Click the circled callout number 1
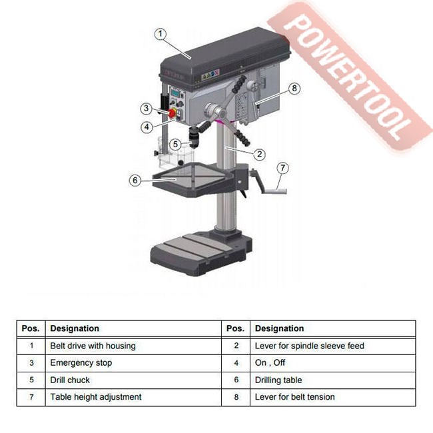point(161,34)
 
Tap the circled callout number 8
point(294,89)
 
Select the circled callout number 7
point(282,168)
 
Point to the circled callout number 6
point(135,181)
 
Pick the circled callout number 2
point(259,154)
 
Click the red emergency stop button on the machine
point(172,113)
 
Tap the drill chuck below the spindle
point(194,137)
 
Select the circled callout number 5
point(175,144)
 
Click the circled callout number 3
point(147,108)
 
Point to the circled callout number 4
point(147,127)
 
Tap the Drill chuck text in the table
point(70,380)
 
